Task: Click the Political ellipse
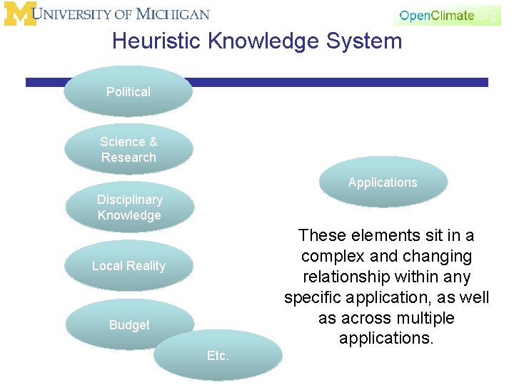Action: coord(128,91)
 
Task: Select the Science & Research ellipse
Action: coord(128,149)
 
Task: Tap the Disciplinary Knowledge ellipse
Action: coord(129,207)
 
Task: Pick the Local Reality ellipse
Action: coord(128,266)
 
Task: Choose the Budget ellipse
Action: coord(129,324)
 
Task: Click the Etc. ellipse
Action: coord(218,355)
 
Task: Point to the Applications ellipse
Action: coord(383,183)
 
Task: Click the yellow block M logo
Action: coord(19,14)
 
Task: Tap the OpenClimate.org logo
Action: coord(447,15)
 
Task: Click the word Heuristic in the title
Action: coord(156,41)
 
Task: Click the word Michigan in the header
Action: coord(173,14)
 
